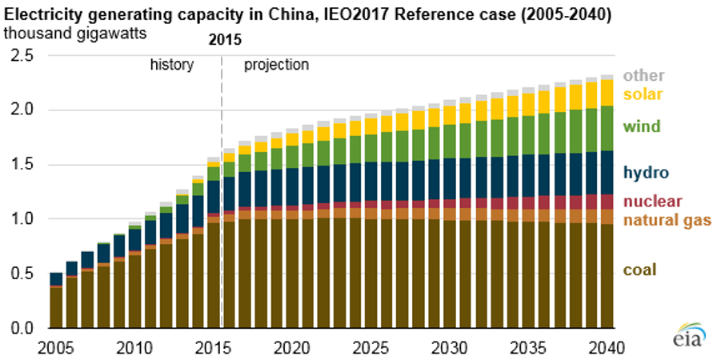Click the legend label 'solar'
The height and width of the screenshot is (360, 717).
point(642,94)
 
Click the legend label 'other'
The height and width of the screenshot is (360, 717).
point(644,76)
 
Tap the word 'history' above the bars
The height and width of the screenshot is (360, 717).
point(172,65)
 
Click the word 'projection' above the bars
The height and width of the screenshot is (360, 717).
point(276,65)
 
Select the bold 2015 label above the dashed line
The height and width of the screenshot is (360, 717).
point(224,39)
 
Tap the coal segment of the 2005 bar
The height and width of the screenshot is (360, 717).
point(55,307)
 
